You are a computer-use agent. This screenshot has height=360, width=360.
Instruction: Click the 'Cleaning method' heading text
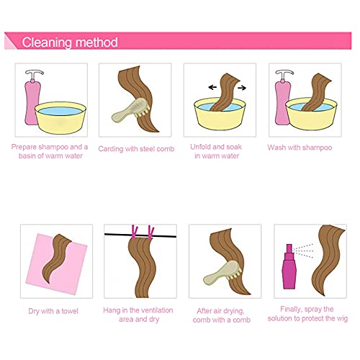tap(70, 42)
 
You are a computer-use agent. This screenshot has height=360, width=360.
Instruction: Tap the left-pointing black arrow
tap(212, 87)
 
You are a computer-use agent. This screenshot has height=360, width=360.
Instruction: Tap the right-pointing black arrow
tap(242, 88)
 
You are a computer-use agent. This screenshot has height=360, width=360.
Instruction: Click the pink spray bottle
tap(289, 266)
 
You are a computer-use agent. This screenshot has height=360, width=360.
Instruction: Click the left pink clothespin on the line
tap(135, 232)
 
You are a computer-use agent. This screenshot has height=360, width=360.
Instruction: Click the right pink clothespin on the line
tap(150, 233)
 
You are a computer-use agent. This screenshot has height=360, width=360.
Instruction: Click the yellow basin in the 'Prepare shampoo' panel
tap(60, 118)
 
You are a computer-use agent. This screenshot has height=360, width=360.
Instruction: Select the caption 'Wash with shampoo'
tap(300, 148)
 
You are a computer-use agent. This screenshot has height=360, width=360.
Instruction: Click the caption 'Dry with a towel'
tap(53, 311)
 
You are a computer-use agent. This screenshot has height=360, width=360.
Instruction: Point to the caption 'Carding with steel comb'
tap(136, 149)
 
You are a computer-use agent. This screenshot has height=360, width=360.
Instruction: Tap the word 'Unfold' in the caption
tap(201, 147)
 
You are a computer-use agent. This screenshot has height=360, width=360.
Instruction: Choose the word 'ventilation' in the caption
tap(158, 310)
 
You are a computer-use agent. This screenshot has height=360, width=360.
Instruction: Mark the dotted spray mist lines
tap(303, 251)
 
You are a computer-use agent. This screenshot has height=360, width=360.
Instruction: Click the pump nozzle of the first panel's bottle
tap(35, 73)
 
